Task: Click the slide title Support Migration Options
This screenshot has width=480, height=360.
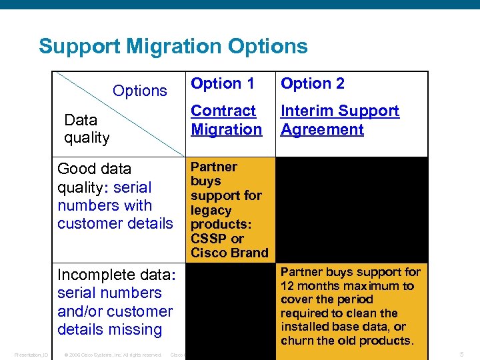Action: [173, 46]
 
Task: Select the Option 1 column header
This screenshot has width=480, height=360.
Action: [223, 83]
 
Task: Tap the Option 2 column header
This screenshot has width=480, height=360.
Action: [313, 83]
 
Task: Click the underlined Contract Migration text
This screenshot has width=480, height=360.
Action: [226, 120]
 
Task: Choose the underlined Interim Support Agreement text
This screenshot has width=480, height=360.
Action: [340, 120]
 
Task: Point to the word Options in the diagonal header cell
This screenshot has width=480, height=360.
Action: [140, 91]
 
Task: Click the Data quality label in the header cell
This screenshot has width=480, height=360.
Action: [87, 129]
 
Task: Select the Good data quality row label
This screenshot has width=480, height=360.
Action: [115, 196]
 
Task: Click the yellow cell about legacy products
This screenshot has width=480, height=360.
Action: [229, 209]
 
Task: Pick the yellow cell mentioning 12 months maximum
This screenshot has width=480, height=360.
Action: [351, 307]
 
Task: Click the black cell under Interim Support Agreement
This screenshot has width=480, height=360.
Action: [351, 209]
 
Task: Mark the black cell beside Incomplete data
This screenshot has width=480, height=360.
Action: [229, 307]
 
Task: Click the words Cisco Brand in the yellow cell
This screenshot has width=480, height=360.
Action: [229, 253]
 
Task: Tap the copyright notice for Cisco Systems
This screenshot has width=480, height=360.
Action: [113, 355]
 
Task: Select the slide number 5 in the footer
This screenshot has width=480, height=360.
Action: [461, 354]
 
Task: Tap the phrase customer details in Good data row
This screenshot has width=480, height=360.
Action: [115, 223]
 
